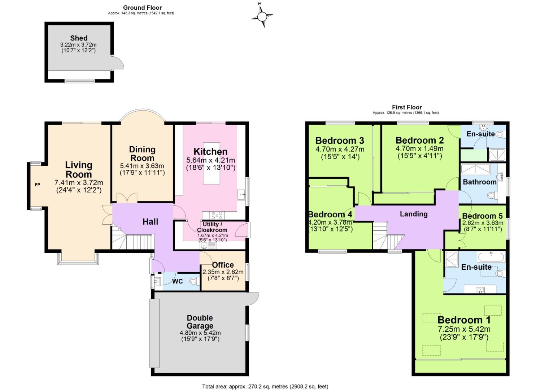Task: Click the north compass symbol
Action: (x=262, y=16)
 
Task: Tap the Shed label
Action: (x=79, y=38)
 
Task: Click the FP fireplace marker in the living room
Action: (x=37, y=185)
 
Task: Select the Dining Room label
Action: (x=142, y=154)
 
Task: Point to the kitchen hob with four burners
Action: (x=217, y=216)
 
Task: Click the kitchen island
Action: (x=211, y=163)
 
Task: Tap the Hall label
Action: (x=150, y=222)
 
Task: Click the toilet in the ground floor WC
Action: (x=193, y=281)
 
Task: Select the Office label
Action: (x=223, y=265)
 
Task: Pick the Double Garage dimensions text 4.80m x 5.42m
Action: (x=200, y=333)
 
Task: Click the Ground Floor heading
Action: (x=142, y=8)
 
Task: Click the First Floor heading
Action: (x=407, y=107)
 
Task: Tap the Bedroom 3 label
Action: (x=340, y=140)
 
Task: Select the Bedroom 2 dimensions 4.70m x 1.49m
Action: (x=419, y=148)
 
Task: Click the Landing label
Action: (x=414, y=214)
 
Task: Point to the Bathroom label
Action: (x=479, y=182)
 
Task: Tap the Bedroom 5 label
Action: (x=482, y=216)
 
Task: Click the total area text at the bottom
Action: (x=265, y=386)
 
